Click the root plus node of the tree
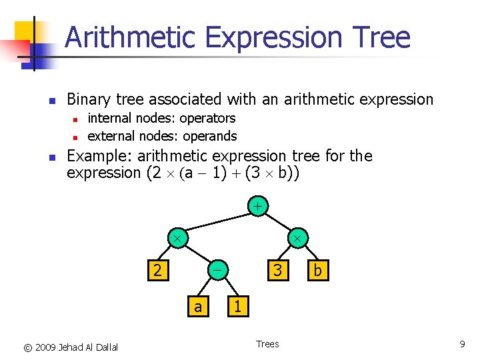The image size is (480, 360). coord(257,206)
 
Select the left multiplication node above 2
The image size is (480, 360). coord(177,237)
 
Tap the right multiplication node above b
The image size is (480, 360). coord(297,237)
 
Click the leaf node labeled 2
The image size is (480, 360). coord(157,271)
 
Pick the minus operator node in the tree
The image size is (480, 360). coord(217,271)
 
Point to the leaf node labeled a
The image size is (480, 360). coord(197,306)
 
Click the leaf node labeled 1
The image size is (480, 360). coord(237,306)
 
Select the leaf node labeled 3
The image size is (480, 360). coord(278,271)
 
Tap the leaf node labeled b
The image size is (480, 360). coord(317,271)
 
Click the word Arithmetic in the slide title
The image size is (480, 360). coord(131,37)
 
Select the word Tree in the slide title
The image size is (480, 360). coord(384,37)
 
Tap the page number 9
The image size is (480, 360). coord(462,344)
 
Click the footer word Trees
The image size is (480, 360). coord(267,344)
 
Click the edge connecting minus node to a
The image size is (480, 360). coord(207,288)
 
